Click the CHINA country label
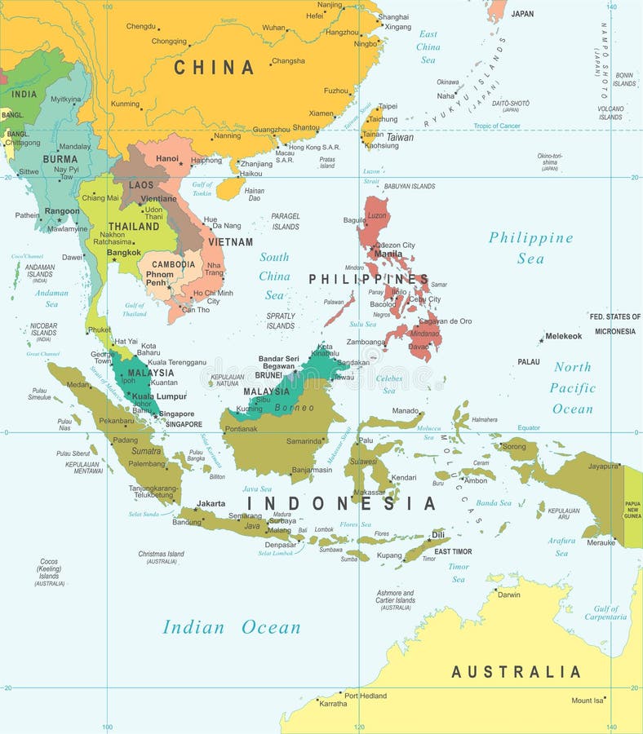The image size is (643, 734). click(214, 68)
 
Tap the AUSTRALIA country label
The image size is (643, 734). click(516, 672)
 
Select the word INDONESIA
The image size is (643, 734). click(342, 503)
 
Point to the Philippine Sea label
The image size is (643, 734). click(530, 248)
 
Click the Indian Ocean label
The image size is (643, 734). click(232, 627)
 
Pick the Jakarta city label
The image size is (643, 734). click(211, 503)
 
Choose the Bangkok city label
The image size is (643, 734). click(123, 252)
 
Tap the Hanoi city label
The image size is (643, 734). click(167, 158)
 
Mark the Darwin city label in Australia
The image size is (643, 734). click(508, 595)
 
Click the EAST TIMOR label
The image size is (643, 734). click(453, 551)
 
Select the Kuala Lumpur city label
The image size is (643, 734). click(160, 396)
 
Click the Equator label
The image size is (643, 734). click(529, 427)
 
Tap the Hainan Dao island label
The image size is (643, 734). click(254, 194)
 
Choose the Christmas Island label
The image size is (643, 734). click(161, 557)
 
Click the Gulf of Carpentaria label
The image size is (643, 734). click(605, 612)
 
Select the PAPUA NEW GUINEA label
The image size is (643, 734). click(632, 510)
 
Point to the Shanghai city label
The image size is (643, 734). click(393, 16)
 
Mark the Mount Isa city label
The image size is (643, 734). click(588, 701)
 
